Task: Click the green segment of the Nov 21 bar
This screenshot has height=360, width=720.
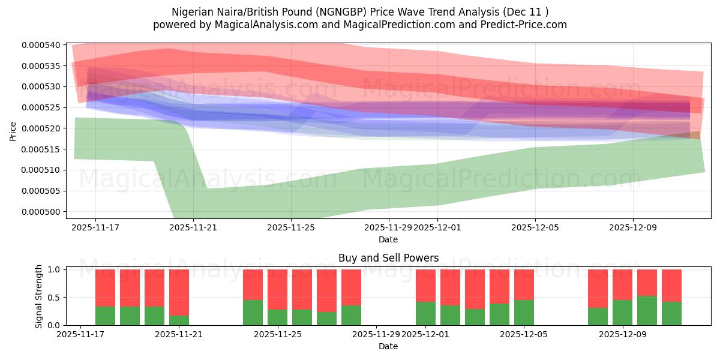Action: point(179,320)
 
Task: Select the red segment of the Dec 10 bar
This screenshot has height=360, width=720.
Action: point(647,283)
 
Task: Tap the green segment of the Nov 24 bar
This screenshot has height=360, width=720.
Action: point(253,312)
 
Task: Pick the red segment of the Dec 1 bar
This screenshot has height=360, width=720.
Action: point(425,286)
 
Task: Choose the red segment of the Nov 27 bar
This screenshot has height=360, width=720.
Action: point(326,290)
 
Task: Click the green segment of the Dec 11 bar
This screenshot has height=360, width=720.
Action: point(671,313)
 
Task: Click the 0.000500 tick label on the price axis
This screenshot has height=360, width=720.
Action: point(41,212)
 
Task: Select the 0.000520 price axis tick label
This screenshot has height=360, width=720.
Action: point(41,128)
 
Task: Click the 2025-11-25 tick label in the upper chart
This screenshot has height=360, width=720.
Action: point(291,228)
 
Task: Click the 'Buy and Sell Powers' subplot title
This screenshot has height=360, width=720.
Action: point(388,259)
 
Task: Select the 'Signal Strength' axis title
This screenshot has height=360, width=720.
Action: point(38,296)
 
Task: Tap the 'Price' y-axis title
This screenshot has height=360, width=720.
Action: point(13,131)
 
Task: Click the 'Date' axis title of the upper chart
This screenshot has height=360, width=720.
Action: point(388,239)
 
